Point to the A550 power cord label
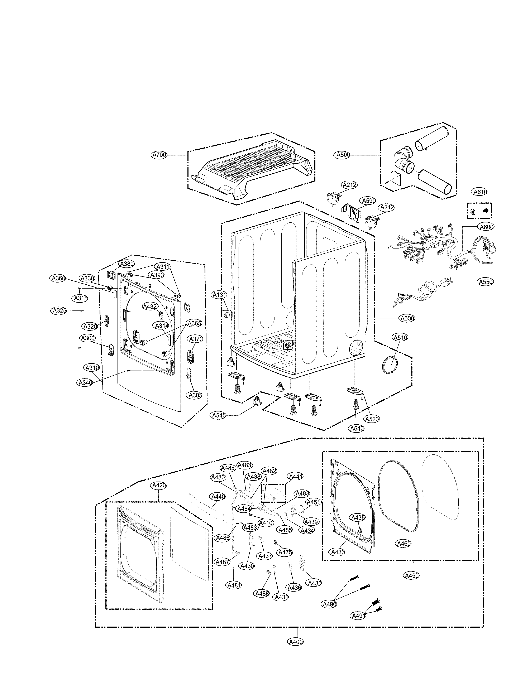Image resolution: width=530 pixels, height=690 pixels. tap(486, 282)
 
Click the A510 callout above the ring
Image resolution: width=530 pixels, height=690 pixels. tap(400, 337)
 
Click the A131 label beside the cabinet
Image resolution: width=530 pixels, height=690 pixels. tap(219, 295)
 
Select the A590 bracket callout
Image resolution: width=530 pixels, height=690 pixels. tap(368, 201)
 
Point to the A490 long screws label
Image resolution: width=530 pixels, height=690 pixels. tap(329, 604)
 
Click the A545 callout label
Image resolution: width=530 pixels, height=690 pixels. tap(219, 415)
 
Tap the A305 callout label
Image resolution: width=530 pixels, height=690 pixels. tap(195, 395)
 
